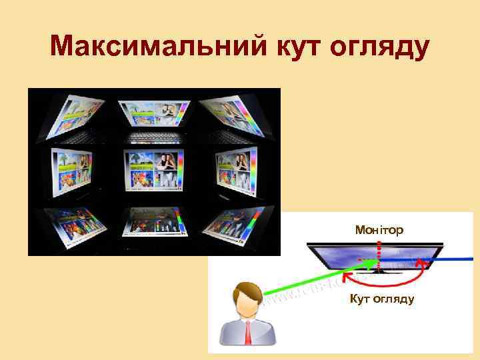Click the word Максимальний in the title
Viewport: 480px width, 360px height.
(155, 47)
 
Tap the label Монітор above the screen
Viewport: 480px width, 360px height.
(379, 230)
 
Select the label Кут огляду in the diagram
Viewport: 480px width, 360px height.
(382, 298)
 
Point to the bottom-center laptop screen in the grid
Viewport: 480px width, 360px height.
(154, 224)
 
